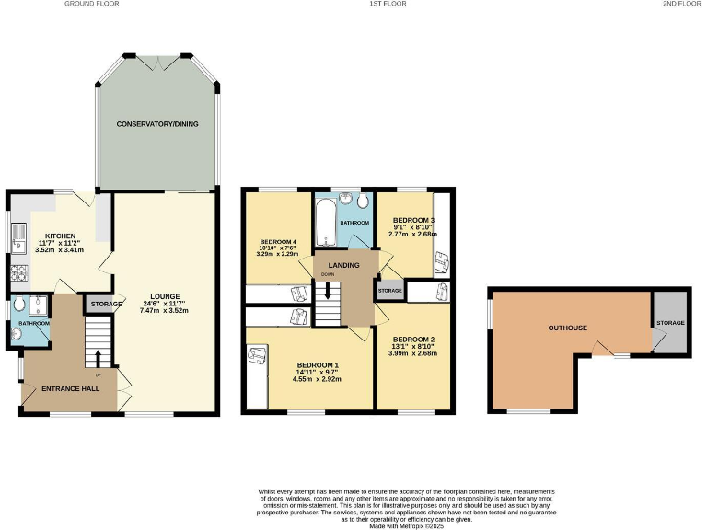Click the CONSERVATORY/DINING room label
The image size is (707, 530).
(x=157, y=124)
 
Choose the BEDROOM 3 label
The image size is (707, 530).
(x=413, y=221)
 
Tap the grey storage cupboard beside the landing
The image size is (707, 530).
(x=389, y=291)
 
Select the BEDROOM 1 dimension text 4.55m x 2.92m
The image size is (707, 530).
(x=317, y=378)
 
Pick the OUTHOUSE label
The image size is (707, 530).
(x=567, y=328)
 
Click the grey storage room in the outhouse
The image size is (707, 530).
(x=669, y=323)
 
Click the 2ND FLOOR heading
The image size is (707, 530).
(x=680, y=5)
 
